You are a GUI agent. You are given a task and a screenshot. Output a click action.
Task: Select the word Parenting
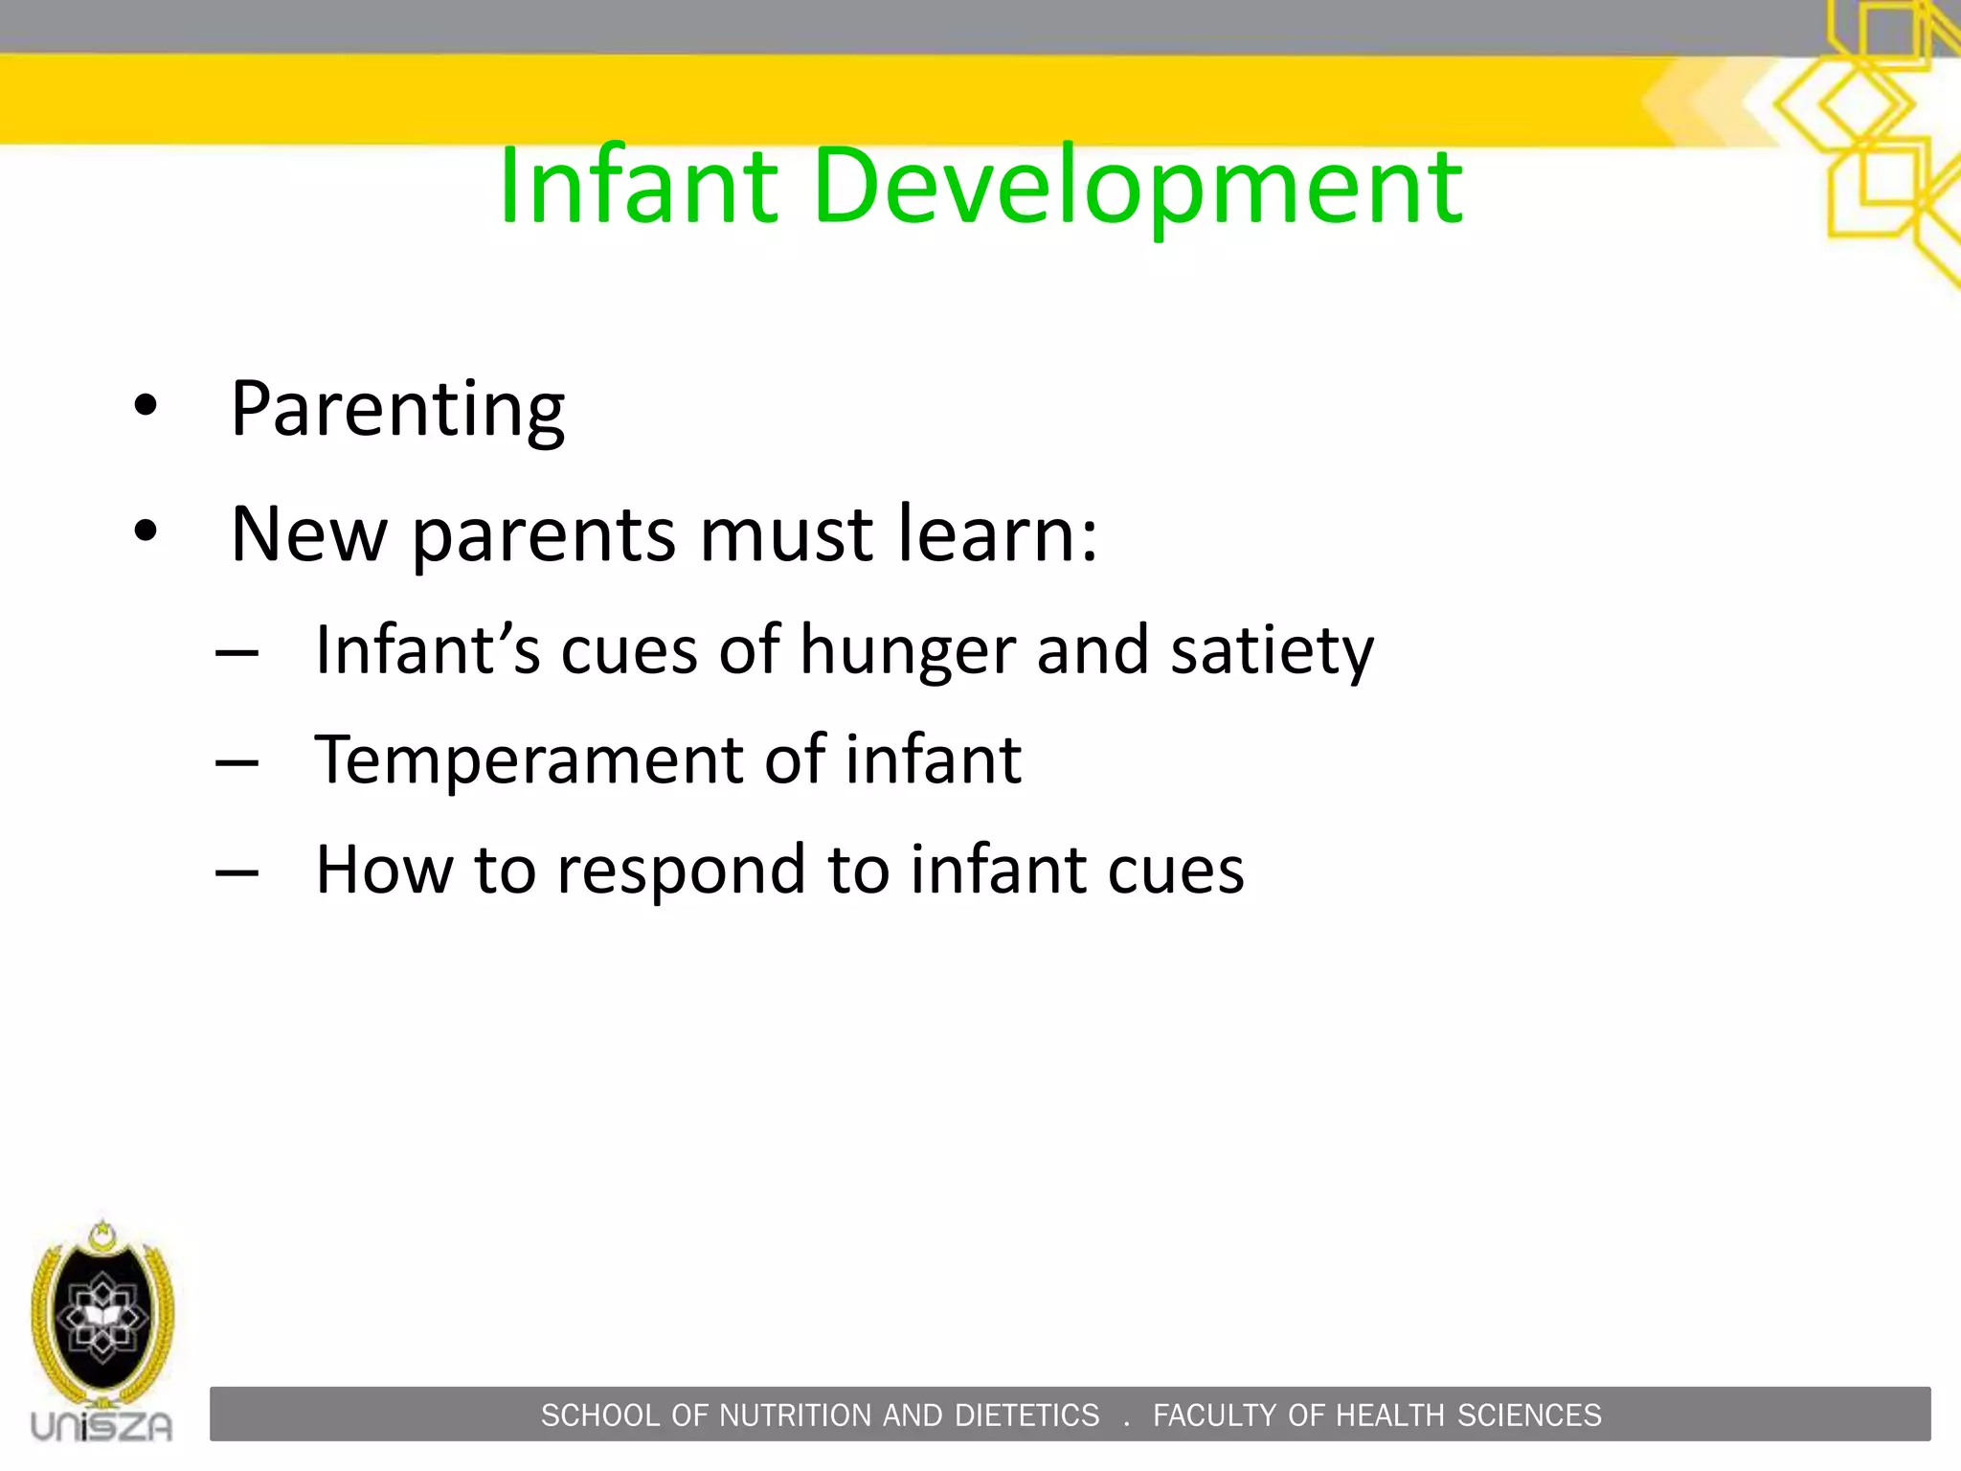(397, 410)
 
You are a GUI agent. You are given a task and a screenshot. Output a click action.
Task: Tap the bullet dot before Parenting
(146, 405)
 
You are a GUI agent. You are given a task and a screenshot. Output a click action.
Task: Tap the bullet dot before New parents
(146, 531)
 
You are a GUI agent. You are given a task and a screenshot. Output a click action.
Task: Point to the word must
(786, 535)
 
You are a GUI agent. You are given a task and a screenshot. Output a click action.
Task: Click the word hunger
(907, 651)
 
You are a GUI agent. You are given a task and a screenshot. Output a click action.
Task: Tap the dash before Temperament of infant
(237, 763)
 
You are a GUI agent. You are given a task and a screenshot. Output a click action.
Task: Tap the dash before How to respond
(237, 873)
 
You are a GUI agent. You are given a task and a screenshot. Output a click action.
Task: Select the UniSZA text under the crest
(102, 1426)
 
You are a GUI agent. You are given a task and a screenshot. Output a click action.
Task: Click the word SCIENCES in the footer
(1529, 1415)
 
